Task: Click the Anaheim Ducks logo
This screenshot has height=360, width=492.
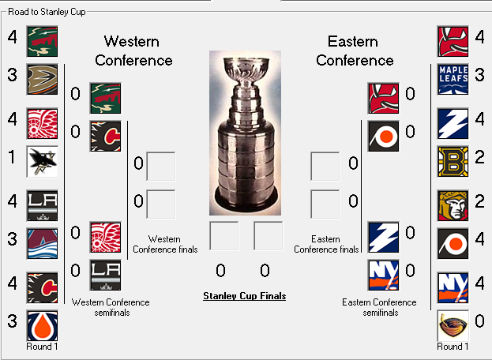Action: (x=43, y=79)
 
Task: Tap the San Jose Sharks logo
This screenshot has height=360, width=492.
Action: (x=43, y=162)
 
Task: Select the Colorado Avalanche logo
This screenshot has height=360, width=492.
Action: (x=43, y=244)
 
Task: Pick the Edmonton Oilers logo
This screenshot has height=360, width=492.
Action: (x=43, y=326)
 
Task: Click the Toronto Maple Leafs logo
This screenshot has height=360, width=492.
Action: (x=453, y=79)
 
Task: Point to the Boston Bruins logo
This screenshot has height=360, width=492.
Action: (x=453, y=162)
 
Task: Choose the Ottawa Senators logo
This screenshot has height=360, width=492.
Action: (x=453, y=206)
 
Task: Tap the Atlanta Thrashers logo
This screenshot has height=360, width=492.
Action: (x=453, y=326)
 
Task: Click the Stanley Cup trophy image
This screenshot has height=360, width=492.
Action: (x=245, y=133)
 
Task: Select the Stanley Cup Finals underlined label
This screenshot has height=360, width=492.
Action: (x=245, y=296)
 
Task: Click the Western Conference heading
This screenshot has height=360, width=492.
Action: (x=133, y=51)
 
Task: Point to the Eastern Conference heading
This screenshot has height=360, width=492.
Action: (x=355, y=51)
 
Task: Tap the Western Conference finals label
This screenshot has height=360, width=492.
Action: (x=165, y=244)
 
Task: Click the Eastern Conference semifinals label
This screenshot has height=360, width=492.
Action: (x=379, y=307)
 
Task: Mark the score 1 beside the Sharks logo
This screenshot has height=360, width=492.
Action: (x=12, y=157)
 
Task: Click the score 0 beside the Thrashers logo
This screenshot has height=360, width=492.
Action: (x=479, y=321)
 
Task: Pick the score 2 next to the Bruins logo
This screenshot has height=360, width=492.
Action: (x=479, y=157)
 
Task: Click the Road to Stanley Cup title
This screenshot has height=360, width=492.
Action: (x=47, y=12)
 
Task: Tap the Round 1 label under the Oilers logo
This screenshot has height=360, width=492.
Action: (x=42, y=347)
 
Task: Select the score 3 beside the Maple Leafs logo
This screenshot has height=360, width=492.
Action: (x=479, y=75)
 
